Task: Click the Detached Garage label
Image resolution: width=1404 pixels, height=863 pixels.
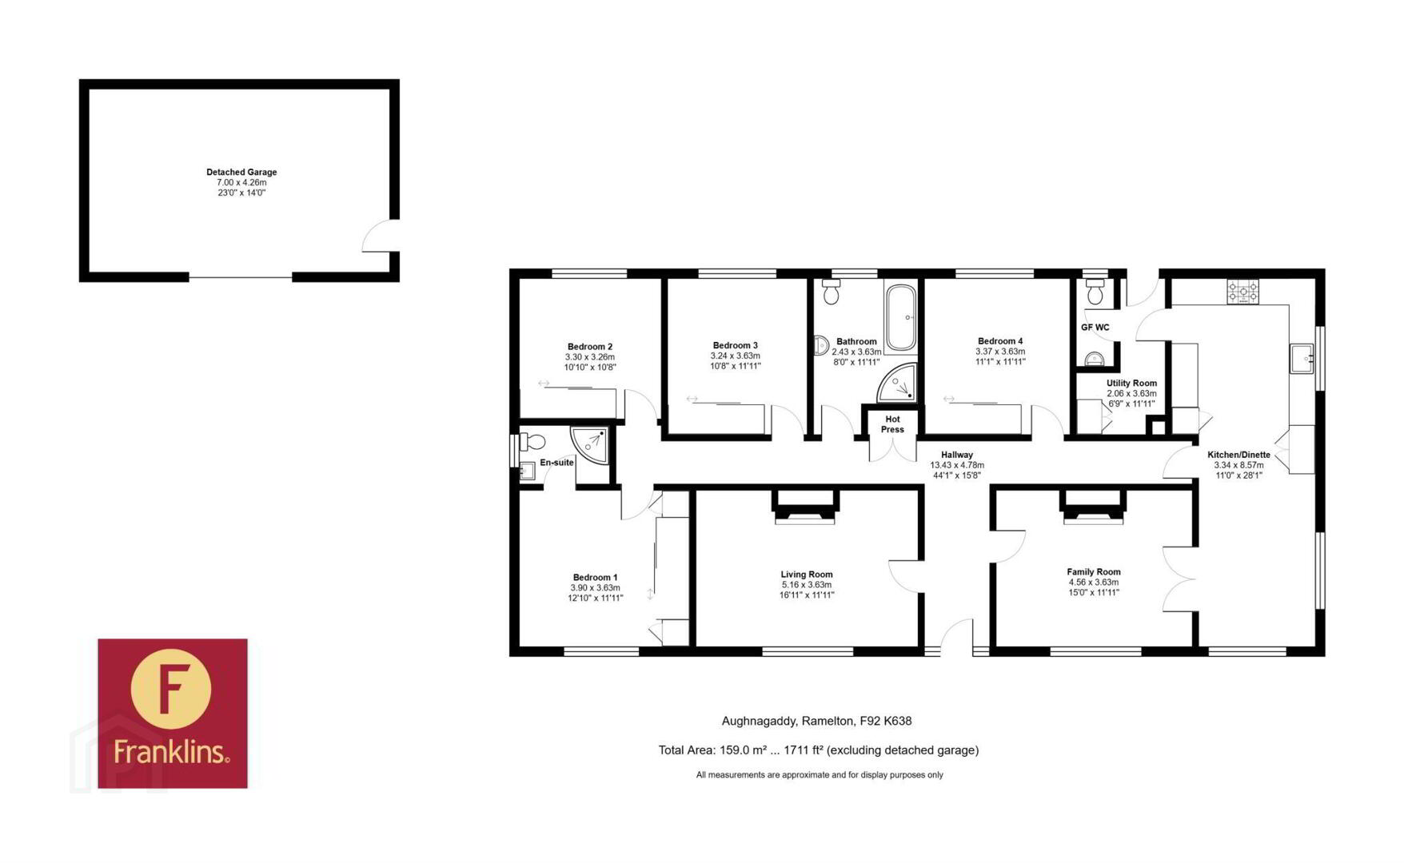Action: [241, 172]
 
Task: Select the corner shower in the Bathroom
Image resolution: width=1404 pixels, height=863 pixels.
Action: [897, 383]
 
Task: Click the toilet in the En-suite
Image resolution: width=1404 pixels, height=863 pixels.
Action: [532, 441]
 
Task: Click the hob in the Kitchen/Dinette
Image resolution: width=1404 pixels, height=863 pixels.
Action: [1243, 292]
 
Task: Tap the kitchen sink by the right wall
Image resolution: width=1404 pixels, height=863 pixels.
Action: [1302, 359]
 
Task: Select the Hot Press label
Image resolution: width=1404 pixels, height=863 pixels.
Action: [892, 424]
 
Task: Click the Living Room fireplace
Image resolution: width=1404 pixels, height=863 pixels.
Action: [806, 507]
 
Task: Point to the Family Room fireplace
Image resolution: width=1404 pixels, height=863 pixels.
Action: [1093, 507]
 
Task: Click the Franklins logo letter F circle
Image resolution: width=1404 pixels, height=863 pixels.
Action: [170, 689]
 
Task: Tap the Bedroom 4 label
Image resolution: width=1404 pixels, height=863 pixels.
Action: [1000, 341]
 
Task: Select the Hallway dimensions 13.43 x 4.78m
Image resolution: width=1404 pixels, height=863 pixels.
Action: [957, 465]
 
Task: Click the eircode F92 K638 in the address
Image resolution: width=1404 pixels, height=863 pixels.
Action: [885, 721]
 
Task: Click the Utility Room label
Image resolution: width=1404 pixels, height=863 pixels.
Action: [1131, 384]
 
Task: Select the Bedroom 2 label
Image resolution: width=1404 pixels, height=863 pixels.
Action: [590, 347]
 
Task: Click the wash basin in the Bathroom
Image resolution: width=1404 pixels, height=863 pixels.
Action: [821, 345]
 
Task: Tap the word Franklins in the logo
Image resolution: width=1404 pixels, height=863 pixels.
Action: [171, 751]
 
